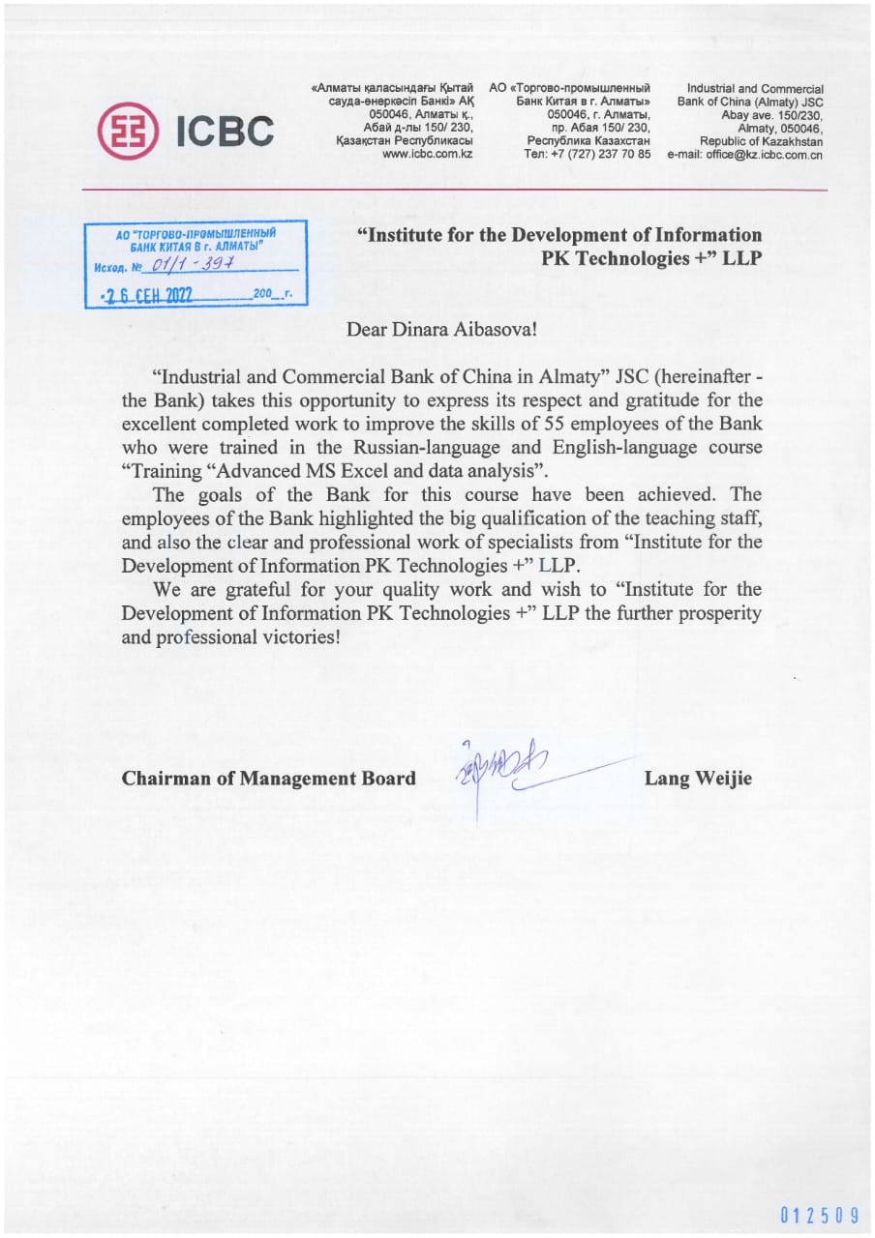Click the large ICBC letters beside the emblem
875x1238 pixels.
tap(224, 132)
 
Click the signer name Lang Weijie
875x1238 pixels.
tap(697, 779)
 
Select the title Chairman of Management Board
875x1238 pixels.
tap(269, 779)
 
